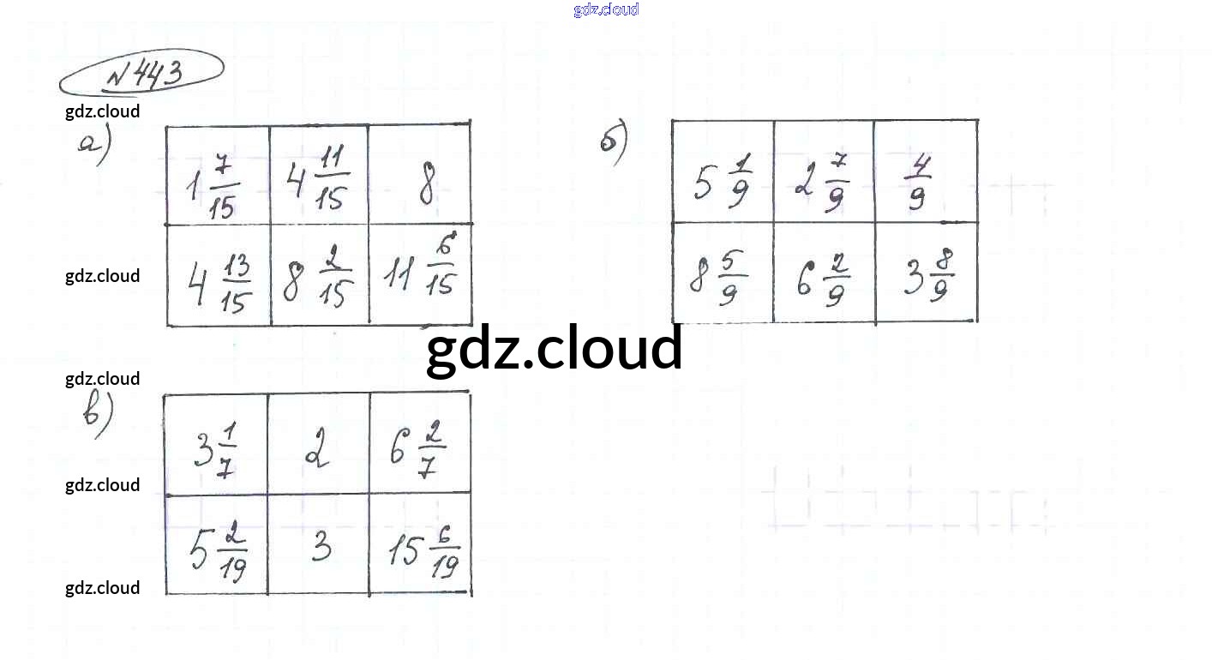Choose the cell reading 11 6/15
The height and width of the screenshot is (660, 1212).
point(421,274)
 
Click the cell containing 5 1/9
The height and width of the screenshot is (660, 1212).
point(721,180)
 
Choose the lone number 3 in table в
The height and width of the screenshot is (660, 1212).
point(321,545)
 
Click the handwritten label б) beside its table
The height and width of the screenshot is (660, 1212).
point(614,143)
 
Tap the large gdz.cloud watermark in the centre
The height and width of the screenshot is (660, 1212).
point(555,350)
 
